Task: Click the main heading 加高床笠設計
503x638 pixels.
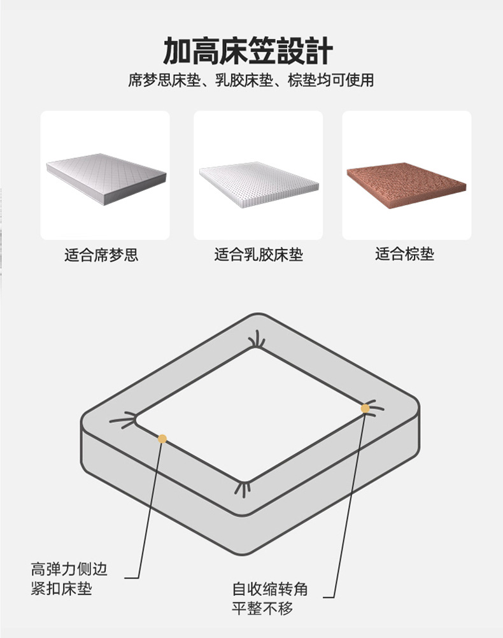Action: coord(248,50)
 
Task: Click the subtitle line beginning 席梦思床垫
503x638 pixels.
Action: coord(251,80)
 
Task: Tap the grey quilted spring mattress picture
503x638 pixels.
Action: coord(106,178)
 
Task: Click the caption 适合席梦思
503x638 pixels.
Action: coord(101,255)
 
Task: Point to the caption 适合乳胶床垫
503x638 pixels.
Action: coord(259,255)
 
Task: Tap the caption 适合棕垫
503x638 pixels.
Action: coord(404,254)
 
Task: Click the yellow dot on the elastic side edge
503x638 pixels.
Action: coord(162,439)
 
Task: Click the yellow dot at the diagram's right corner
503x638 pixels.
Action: coord(365,409)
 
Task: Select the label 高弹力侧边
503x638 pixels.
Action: coord(69,569)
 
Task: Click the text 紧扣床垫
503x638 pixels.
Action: coord(62,588)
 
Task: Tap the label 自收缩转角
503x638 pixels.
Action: coord(270,589)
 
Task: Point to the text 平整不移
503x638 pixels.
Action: coord(262,608)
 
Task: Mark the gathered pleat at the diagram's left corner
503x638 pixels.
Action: coord(124,420)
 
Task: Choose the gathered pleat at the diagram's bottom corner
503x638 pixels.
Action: coord(243,488)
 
